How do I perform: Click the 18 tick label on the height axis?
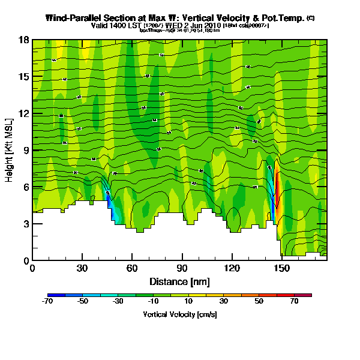pyautogui.click(x=25, y=40)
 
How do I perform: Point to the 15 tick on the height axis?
pyautogui.click(x=25, y=77)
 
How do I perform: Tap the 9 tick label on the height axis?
pyautogui.click(x=26, y=150)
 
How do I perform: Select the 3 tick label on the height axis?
pyautogui.click(x=26, y=224)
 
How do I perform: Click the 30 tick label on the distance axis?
pyautogui.click(x=82, y=268)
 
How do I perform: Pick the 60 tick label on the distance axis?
pyautogui.click(x=132, y=268)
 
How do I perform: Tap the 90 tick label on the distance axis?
pyautogui.click(x=182, y=268)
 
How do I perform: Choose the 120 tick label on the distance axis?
pyautogui.click(x=232, y=268)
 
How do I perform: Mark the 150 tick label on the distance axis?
pyautogui.click(x=281, y=268)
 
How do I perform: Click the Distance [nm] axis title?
pyautogui.click(x=179, y=281)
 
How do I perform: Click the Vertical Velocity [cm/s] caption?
pyautogui.click(x=179, y=314)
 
